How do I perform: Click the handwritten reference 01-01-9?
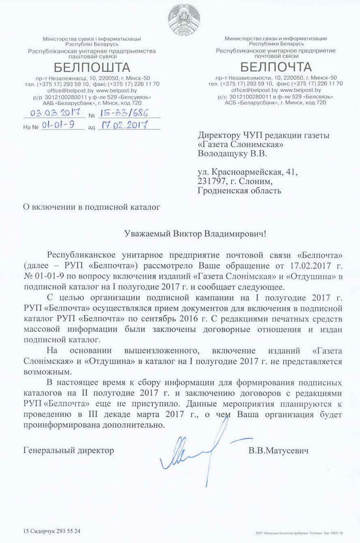(x=57, y=126)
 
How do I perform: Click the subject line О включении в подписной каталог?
(x=91, y=207)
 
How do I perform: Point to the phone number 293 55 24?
(x=68, y=530)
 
